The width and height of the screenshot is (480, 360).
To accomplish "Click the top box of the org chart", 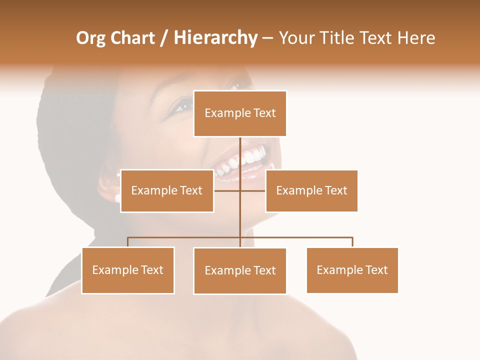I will tap(240, 113).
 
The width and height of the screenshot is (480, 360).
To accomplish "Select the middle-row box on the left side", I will tap(167, 190).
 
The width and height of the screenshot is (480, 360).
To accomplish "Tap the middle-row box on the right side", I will tap(311, 190).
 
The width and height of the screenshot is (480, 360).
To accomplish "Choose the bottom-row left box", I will tap(128, 270).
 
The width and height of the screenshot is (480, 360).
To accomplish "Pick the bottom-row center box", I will tap(240, 270).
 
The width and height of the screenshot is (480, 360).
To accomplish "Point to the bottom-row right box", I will tap(352, 270).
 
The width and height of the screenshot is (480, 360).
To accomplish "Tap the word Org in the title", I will tap(90, 38).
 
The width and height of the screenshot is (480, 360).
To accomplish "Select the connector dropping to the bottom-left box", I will tap(128, 242).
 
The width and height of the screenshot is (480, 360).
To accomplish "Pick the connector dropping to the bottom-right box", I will tap(352, 242).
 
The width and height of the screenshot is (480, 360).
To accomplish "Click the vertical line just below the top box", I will tap(240, 150).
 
